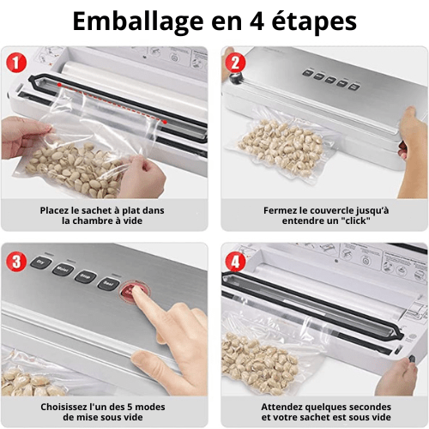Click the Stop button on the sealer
(85, 276)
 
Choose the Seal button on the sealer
(108, 283)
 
